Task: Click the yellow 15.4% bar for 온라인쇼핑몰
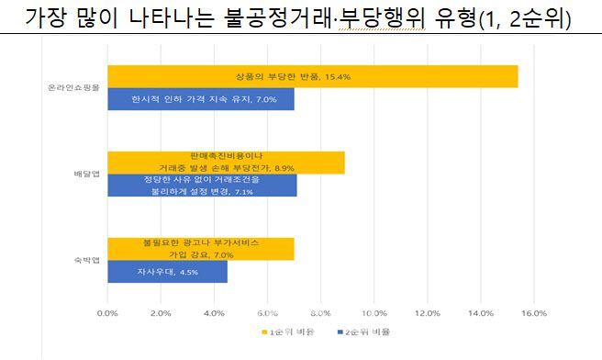point(413,77)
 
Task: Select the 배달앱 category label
point(86,174)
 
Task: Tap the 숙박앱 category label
point(86,260)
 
